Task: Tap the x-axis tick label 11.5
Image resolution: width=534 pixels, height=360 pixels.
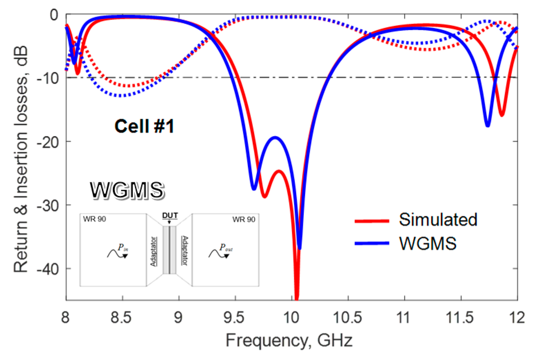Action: click(x=460, y=317)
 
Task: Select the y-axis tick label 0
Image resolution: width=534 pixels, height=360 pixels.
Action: click(x=54, y=15)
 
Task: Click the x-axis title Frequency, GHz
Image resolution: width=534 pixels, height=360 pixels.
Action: click(x=289, y=340)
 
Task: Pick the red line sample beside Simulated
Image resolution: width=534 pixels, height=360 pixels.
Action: click(x=372, y=221)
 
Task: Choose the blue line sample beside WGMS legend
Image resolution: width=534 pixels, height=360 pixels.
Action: click(x=372, y=243)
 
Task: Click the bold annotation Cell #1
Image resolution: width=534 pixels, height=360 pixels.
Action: click(x=144, y=126)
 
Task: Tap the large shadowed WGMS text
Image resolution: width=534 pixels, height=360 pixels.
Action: click(x=127, y=191)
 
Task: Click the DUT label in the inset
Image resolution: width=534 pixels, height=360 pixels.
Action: click(x=170, y=216)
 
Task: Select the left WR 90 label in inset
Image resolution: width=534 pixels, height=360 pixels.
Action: click(x=94, y=219)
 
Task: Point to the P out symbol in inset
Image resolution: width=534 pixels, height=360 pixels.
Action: click(x=226, y=247)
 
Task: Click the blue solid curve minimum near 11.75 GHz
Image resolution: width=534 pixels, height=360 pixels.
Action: click(x=488, y=125)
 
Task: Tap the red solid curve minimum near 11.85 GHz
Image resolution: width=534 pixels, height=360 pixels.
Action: click(x=502, y=115)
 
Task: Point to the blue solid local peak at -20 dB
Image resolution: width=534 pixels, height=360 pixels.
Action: click(x=275, y=138)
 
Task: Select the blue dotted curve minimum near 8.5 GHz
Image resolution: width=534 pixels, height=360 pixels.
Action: click(x=122, y=95)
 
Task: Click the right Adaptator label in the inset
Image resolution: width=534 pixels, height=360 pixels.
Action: click(x=185, y=251)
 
